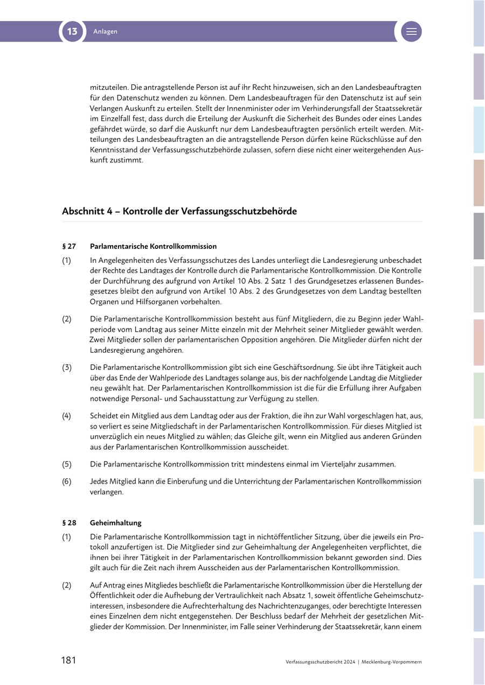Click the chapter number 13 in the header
(72, 31)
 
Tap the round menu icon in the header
(411, 31)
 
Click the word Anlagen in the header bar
(105, 32)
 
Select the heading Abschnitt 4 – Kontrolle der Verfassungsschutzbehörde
(179, 211)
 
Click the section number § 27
(69, 246)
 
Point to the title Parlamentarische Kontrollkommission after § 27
(153, 246)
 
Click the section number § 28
(69, 522)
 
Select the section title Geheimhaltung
(115, 522)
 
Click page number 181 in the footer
(68, 660)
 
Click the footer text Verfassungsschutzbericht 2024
(321, 662)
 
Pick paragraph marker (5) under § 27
(66, 464)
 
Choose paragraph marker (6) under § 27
(66, 481)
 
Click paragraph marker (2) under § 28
(66, 585)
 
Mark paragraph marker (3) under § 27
(66, 367)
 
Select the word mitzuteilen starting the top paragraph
(108, 87)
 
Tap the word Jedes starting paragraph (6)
(100, 481)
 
